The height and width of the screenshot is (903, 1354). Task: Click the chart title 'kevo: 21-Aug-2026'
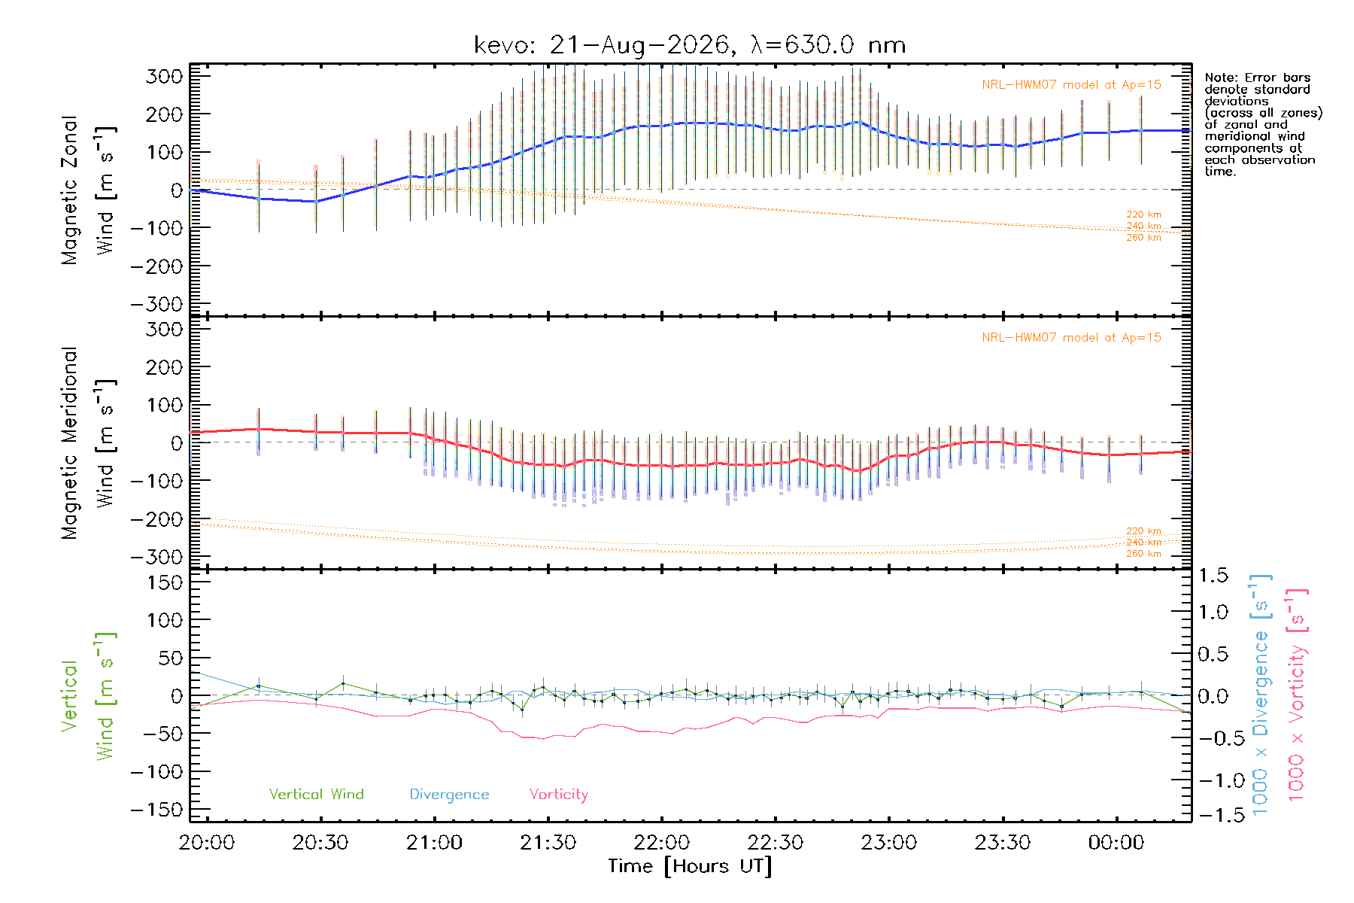coord(603,45)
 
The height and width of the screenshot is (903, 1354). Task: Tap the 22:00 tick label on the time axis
coord(662,843)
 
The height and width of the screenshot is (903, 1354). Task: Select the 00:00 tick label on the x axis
coord(1116,843)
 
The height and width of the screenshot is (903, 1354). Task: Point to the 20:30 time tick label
coord(320,843)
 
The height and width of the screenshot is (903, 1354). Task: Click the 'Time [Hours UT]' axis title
coord(690,867)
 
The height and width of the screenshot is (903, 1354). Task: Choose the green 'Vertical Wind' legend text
coord(316,794)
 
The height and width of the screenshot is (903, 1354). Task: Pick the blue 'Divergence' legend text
coord(449,795)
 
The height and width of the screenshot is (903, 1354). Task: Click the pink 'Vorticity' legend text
coord(558,795)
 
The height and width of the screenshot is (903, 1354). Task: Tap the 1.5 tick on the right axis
coord(1213,576)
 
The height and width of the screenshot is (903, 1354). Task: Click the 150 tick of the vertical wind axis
coord(165,582)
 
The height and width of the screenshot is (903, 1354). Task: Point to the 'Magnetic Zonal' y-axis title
coord(69,190)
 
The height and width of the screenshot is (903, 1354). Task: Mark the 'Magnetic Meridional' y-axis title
coord(69,443)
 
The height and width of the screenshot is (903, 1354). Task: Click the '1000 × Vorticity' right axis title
coord(1297,695)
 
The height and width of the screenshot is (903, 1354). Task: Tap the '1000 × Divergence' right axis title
coord(1261,694)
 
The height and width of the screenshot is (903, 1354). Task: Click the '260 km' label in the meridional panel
coord(1143,554)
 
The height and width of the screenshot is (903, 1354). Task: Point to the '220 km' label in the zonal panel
coord(1143,214)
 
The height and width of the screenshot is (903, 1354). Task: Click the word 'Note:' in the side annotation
coord(1219,78)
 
